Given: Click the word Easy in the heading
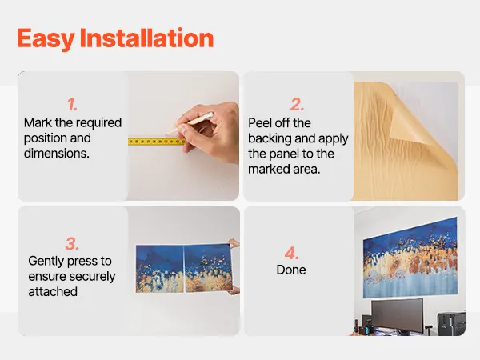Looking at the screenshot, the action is point(46,38).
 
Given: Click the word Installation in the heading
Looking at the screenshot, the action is point(146,38).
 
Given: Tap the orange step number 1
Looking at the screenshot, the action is point(72,104).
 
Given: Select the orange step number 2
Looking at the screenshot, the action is point(297,104).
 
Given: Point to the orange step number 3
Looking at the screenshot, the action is point(72,244).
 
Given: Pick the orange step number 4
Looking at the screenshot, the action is point(291,253).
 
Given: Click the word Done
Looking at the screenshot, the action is point(291,270).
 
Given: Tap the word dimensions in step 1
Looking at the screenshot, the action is point(57,153).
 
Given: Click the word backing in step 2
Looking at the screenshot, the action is point(270,138).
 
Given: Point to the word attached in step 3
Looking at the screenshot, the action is point(53,291).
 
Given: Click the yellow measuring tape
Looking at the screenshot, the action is point(157,142).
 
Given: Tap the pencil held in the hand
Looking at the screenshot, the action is point(190,124).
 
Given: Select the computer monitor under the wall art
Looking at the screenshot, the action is point(398,315).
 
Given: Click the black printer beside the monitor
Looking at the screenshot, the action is point(451,323).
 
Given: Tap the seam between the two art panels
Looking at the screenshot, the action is point(184,269).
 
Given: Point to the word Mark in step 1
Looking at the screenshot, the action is point(38,122).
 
